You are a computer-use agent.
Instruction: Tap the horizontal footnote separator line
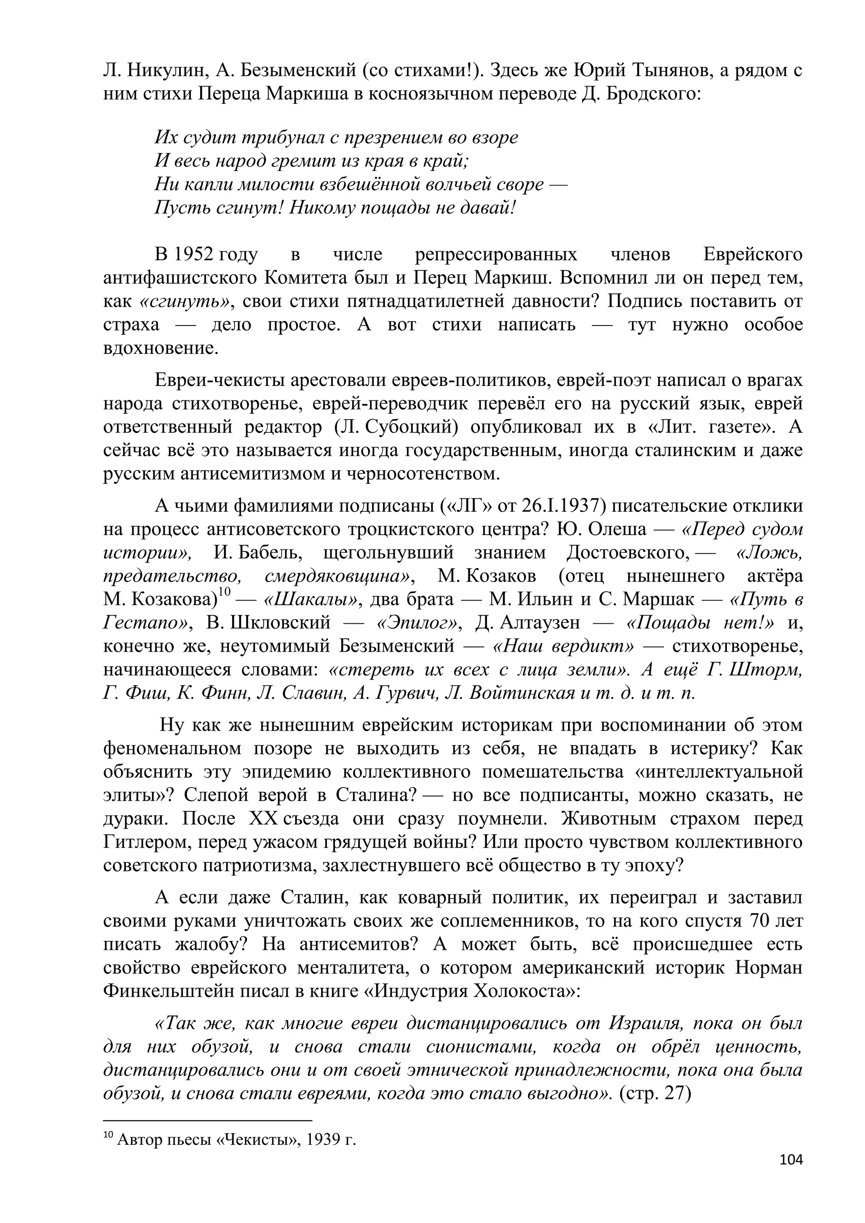click(x=207, y=1121)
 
